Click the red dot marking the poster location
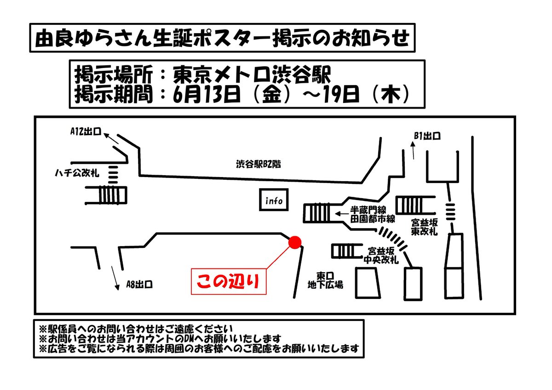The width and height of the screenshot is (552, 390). click(x=294, y=242)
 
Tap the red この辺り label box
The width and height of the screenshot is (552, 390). click(x=228, y=281)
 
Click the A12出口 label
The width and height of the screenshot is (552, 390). click(x=86, y=132)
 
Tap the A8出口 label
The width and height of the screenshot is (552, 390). click(x=139, y=285)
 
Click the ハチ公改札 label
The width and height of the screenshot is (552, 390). click(x=76, y=173)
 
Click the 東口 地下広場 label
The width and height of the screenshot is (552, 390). click(x=325, y=280)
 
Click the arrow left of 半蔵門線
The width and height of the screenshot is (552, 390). click(x=341, y=213)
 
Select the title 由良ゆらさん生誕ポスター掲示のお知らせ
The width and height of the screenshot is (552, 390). click(x=222, y=39)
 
